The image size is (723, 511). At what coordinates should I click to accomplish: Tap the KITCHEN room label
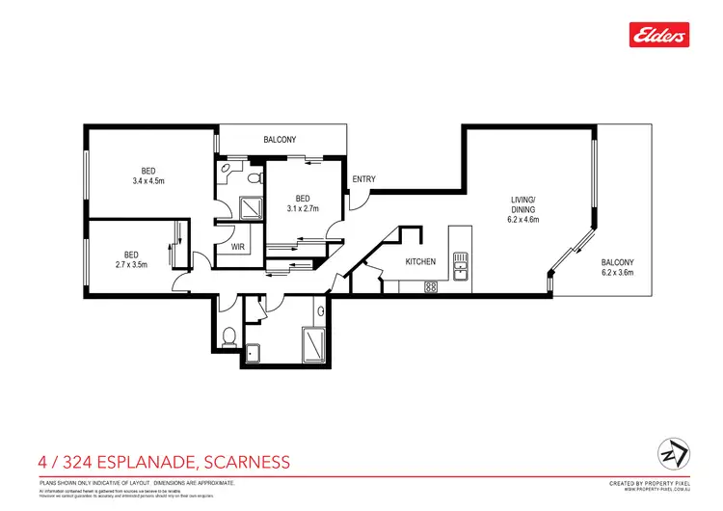420,261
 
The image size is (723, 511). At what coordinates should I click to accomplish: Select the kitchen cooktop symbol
431,286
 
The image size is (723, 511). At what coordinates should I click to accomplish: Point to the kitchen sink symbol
461,266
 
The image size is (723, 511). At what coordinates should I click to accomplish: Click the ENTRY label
363,179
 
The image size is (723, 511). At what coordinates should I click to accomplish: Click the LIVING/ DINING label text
523,206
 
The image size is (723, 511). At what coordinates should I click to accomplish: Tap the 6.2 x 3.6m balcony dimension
618,272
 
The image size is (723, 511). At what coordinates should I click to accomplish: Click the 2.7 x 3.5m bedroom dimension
131,264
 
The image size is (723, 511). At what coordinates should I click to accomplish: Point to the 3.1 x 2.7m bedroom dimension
304,207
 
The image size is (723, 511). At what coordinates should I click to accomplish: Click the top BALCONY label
280,141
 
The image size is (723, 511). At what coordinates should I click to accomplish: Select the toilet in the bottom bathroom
227,336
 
